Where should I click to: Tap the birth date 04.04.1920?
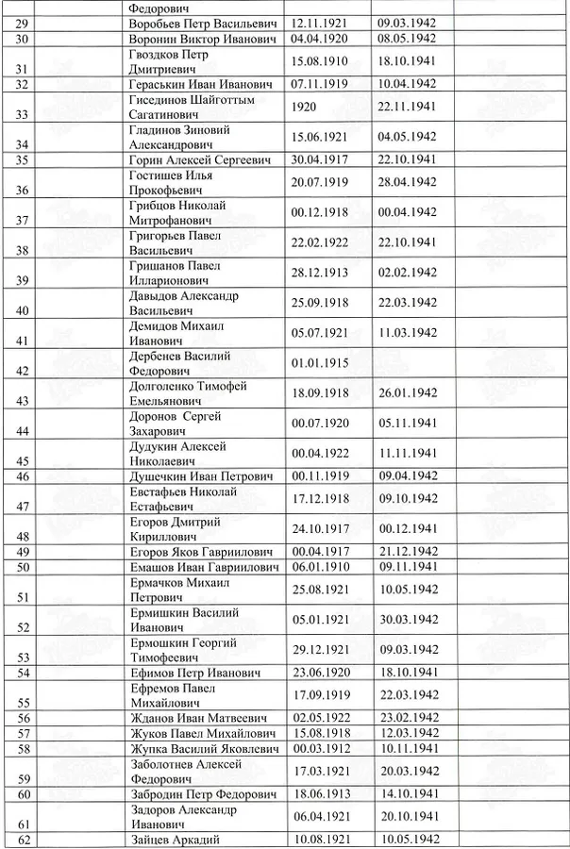tap(322, 39)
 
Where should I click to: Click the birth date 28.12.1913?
tap(322, 273)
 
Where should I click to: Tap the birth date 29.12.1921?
tap(322, 650)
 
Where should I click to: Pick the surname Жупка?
tap(148, 748)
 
